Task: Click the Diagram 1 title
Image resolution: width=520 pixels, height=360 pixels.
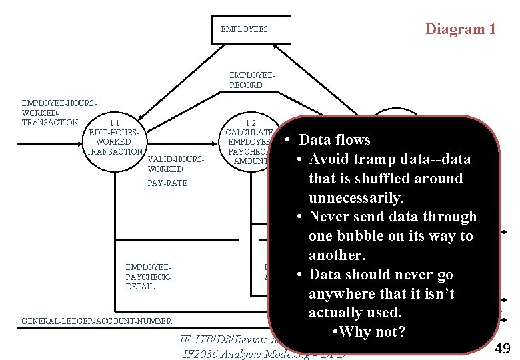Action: click(x=461, y=29)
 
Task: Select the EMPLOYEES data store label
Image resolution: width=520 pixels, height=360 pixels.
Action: click(x=244, y=29)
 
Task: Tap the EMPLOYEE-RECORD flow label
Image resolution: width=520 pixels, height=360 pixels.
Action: click(x=246, y=81)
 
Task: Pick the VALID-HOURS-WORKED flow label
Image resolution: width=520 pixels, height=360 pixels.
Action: click(x=175, y=164)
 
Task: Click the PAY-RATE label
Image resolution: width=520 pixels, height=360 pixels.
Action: click(x=167, y=183)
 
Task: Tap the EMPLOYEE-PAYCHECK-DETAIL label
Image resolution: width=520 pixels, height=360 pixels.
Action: click(x=149, y=277)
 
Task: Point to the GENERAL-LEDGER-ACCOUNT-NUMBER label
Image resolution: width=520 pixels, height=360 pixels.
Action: click(x=96, y=321)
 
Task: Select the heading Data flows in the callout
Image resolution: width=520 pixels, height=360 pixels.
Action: click(x=334, y=140)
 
